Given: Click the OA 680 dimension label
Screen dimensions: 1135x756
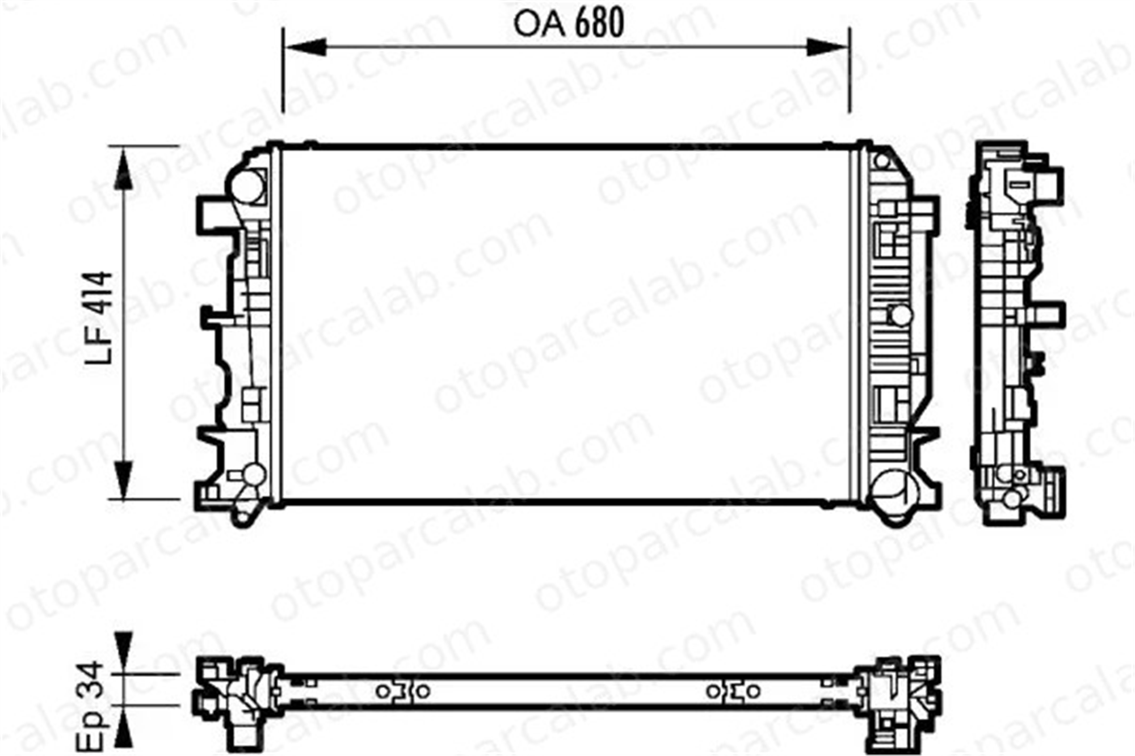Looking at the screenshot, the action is tap(568, 23).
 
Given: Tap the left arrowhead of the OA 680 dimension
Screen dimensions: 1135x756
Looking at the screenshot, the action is tap(304, 47).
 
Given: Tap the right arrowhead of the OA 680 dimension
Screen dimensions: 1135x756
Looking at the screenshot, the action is tap(828, 47).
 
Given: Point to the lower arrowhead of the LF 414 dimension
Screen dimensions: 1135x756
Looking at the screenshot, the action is tap(123, 480).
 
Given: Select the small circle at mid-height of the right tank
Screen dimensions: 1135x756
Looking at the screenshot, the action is tap(901, 315).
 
